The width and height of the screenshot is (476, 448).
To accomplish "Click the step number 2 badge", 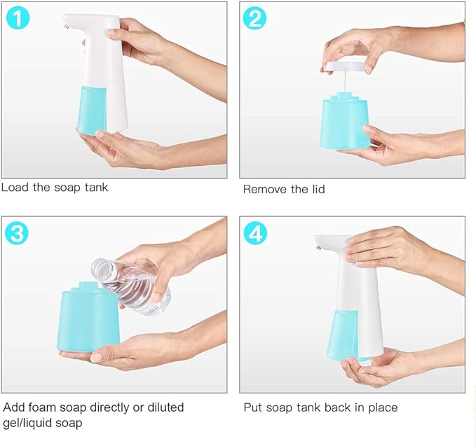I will (x=254, y=18).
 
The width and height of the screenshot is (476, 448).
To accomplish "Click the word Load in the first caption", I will (x=14, y=188).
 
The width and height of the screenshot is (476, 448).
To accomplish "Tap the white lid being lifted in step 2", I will (x=346, y=67).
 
